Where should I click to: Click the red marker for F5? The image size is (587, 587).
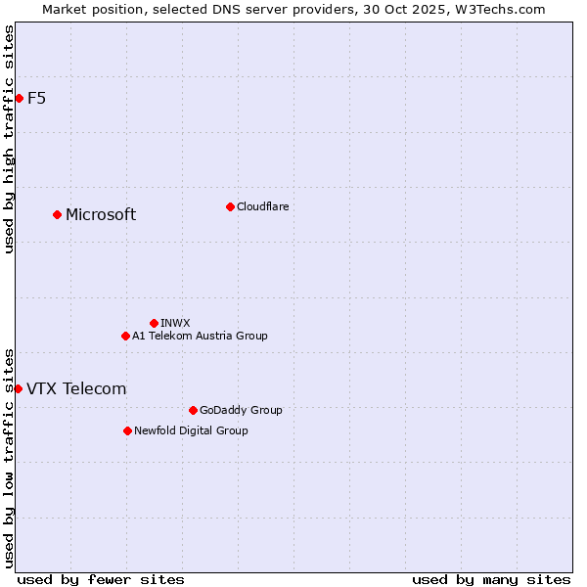(19, 98)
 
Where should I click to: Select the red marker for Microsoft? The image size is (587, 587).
(57, 214)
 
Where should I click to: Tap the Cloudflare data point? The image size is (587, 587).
(230, 206)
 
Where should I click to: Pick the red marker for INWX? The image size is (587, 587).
(154, 323)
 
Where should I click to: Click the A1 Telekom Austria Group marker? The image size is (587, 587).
(125, 336)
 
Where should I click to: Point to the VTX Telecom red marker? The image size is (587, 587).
(18, 388)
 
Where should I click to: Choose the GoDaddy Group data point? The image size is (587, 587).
(193, 410)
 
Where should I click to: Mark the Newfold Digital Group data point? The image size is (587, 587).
(127, 430)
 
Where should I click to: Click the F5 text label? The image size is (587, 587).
(37, 98)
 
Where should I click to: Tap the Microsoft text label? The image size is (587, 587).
(101, 214)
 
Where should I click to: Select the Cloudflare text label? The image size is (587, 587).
(263, 206)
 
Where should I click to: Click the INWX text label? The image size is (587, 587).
(176, 323)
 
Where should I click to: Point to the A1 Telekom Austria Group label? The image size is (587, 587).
(200, 336)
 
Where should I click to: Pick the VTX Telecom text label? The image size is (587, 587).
(76, 388)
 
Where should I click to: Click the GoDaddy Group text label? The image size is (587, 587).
(241, 410)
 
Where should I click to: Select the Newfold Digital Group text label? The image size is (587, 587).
(191, 430)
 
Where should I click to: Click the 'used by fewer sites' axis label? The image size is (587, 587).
(101, 579)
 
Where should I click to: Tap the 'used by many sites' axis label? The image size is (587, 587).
(491, 579)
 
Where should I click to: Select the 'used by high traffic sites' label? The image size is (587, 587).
(9, 139)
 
